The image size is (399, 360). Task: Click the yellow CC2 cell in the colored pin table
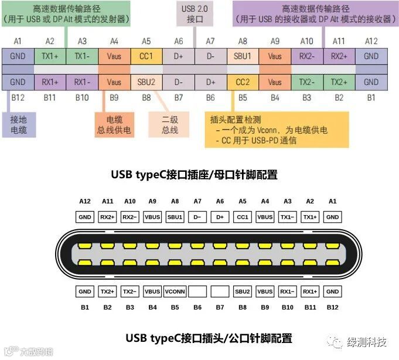pos(243,82)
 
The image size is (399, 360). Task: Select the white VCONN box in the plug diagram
pos(175,291)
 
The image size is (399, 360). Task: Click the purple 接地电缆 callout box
pos(19,125)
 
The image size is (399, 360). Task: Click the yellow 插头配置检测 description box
pos(275,129)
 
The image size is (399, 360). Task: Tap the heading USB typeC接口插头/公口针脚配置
pos(209,338)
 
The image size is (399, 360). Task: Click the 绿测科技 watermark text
pos(367,341)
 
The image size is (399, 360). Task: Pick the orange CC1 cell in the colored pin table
pos(146,57)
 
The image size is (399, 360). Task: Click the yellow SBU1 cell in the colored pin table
pos(243,57)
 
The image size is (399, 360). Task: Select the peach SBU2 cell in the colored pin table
pos(146,82)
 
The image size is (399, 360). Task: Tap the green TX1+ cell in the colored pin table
pos(50,57)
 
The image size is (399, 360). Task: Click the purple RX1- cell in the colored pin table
pos(82,82)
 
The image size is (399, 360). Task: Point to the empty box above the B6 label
pos(197,291)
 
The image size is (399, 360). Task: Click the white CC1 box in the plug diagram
pos(243,217)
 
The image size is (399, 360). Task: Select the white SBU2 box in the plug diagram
pos(243,291)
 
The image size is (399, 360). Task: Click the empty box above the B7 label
pos(220,291)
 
